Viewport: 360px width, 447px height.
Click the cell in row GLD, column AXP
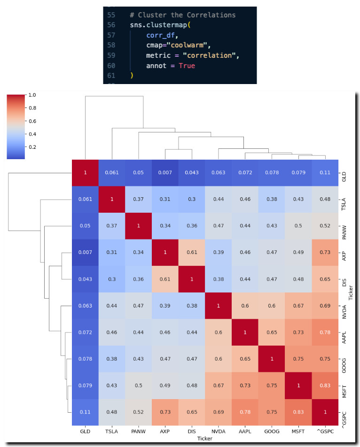point(165,173)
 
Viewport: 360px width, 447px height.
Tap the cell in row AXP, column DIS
point(192,253)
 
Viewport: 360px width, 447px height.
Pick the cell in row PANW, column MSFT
point(298,226)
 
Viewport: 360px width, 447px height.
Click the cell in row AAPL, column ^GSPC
point(325,332)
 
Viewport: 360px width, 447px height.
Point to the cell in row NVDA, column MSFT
point(298,306)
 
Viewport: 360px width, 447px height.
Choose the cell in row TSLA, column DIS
point(192,199)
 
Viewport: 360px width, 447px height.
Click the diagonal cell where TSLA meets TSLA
point(112,199)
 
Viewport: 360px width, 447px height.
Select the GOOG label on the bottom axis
point(272,430)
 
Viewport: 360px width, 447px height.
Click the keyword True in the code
point(187,66)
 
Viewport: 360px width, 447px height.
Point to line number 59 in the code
point(111,56)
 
